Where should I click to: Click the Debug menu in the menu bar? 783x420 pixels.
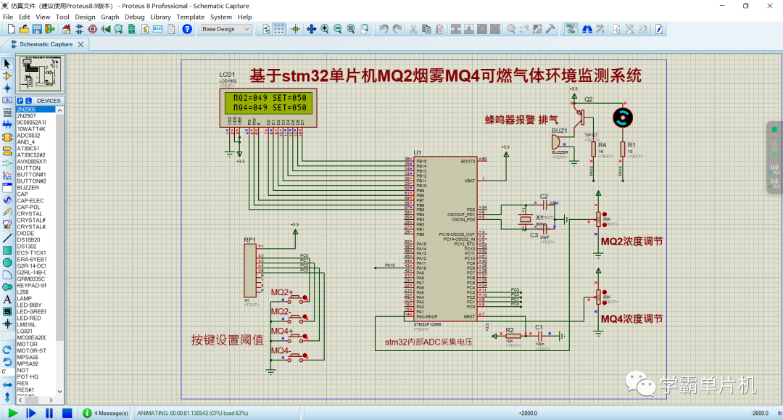(x=134, y=17)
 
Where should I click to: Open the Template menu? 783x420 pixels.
(x=191, y=17)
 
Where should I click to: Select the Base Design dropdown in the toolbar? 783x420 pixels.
(x=225, y=29)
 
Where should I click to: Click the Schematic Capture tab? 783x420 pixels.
(x=45, y=44)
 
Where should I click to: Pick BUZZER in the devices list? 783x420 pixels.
(x=28, y=188)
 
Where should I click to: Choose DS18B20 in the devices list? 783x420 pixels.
(x=28, y=239)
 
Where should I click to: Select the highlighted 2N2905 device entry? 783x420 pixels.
(x=27, y=109)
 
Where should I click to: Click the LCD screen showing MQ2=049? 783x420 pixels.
(x=265, y=102)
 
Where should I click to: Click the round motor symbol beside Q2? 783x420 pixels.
(x=622, y=117)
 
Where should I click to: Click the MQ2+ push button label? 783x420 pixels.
(x=282, y=292)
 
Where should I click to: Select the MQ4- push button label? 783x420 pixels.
(x=281, y=351)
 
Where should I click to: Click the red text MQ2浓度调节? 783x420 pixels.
(x=631, y=241)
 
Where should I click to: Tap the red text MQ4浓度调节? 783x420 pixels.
(x=631, y=318)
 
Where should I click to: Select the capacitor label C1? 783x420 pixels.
(x=539, y=327)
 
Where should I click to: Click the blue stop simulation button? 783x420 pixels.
(x=67, y=413)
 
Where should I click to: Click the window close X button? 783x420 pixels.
(x=767, y=6)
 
